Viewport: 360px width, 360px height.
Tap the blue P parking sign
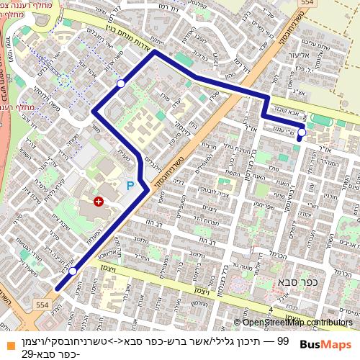click(130, 186)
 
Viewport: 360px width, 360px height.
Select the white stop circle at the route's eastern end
click(302, 132)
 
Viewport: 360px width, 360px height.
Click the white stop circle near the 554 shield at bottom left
click(73, 271)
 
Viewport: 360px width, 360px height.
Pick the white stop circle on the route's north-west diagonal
click(121, 84)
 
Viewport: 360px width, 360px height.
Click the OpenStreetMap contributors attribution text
click(297, 323)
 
